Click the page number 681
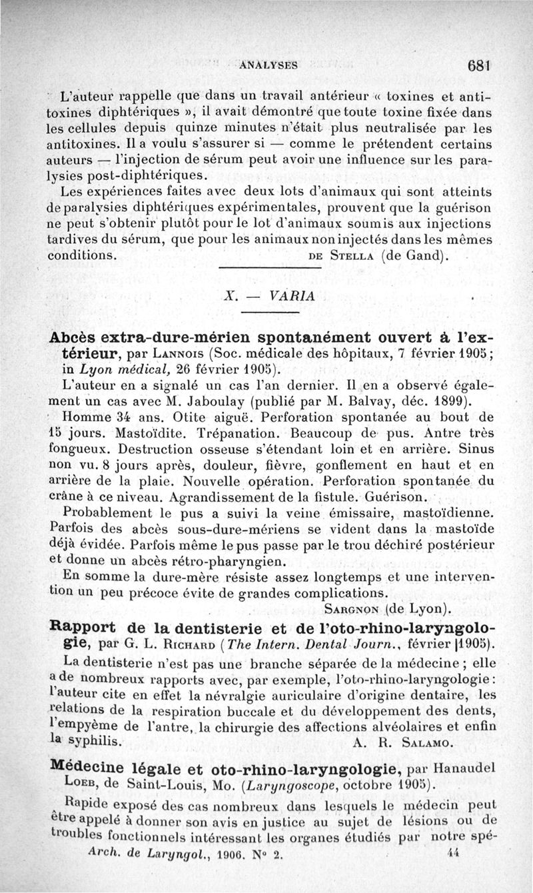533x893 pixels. (479, 66)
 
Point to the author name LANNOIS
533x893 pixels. (177, 353)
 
